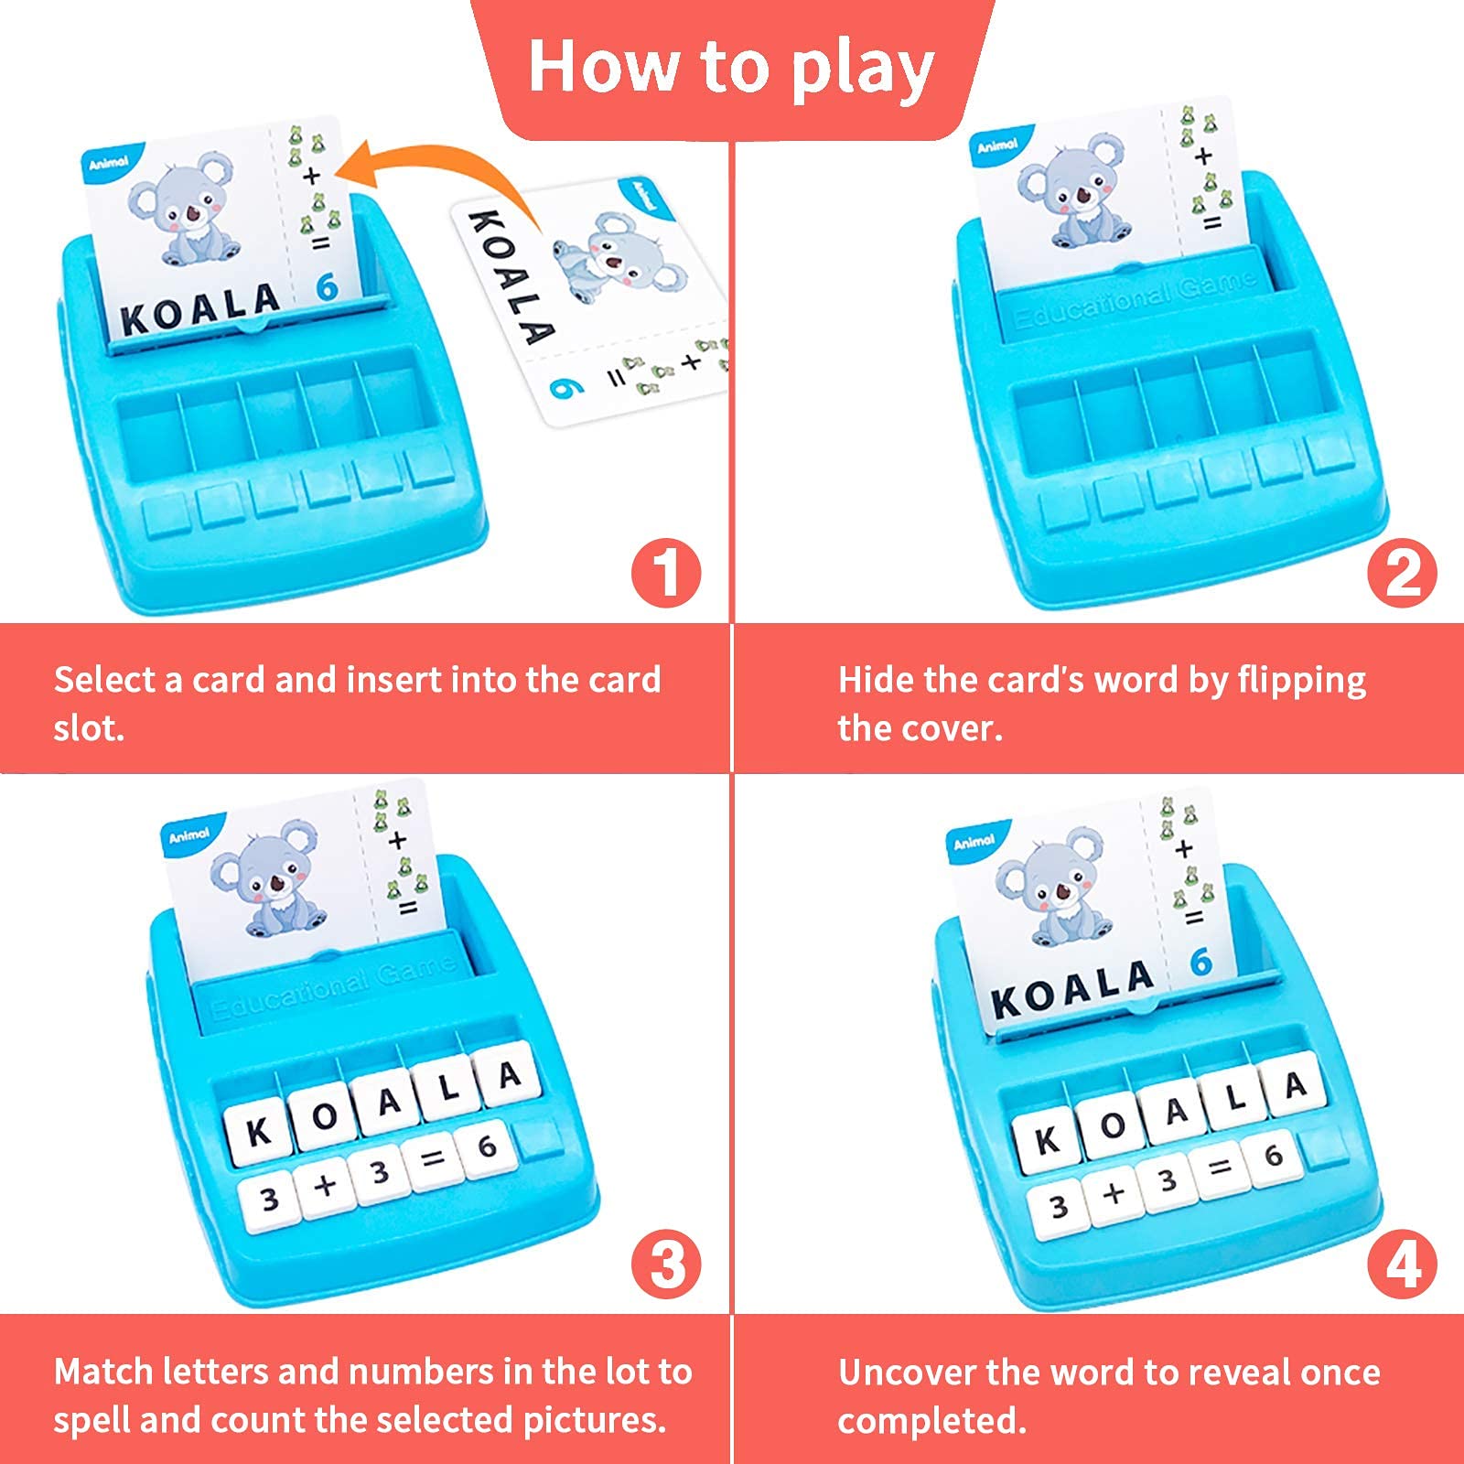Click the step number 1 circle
[666, 573]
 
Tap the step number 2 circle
[1402, 573]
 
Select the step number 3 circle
[666, 1265]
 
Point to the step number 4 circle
[1402, 1265]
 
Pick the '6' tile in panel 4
[1273, 1156]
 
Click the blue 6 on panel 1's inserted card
[327, 287]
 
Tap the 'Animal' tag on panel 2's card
[997, 145]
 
